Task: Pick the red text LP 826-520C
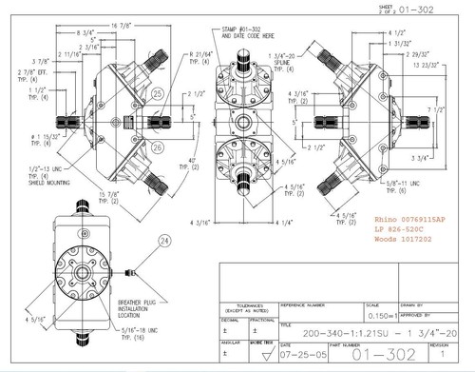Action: tap(402, 232)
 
